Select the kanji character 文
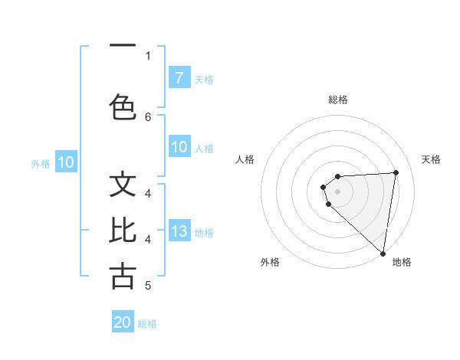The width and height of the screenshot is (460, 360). (123, 185)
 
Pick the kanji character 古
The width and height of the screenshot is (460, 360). (123, 276)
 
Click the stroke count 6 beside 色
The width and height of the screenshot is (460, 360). (148, 116)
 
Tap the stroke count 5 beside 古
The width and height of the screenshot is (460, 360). (148, 286)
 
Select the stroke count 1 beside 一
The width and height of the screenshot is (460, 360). (148, 55)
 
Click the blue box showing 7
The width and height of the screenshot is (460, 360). (179, 78)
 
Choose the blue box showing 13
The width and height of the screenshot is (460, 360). (179, 232)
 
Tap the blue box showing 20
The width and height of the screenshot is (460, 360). (123, 322)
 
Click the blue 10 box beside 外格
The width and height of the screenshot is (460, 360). (65, 162)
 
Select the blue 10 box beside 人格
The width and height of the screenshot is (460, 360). (179, 148)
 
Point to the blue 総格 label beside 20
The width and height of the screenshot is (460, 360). (147, 324)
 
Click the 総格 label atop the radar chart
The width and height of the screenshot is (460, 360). (338, 100)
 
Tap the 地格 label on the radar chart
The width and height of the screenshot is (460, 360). (402, 263)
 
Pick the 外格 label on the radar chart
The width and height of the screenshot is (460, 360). (270, 263)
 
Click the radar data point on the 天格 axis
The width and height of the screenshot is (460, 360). (396, 173)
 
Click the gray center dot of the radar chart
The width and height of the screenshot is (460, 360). (338, 191)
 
